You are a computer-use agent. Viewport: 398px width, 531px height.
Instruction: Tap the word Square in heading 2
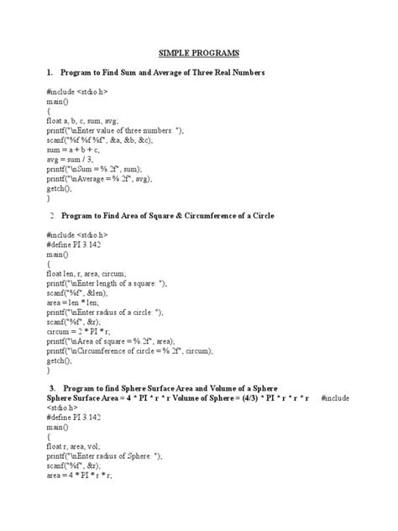click(x=144, y=217)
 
